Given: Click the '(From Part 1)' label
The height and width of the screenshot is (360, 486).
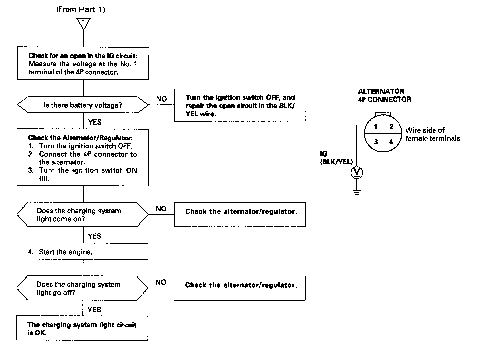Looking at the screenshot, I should coord(81,9).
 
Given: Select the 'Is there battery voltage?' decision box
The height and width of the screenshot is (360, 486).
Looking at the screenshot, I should coord(83,105).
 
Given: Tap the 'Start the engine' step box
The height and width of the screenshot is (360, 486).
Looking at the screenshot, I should coord(82,252).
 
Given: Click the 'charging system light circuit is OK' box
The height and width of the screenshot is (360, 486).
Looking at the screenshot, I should coord(82,329).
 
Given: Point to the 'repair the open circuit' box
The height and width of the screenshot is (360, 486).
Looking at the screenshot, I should coord(240,105).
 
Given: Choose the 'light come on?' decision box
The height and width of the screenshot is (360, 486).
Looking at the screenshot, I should coord(83,215).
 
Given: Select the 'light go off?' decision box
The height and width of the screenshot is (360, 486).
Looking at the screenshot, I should coord(83,288).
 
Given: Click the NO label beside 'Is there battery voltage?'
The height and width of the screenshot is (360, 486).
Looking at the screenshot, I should coord(161,99).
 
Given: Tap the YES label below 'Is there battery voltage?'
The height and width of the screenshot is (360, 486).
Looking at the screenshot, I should coord(95,122).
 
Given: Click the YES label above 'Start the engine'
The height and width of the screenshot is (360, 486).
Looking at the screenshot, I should coord(95,236).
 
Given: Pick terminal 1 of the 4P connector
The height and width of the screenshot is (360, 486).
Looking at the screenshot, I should coord(376,127).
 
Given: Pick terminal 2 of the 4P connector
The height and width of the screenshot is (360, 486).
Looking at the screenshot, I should coord(392,127).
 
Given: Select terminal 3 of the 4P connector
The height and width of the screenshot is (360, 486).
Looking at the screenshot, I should coord(376,142).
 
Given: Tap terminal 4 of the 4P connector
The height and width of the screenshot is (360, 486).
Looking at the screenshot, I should coord(391,142).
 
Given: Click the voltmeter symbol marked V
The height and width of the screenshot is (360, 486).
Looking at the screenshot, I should coord(357,172).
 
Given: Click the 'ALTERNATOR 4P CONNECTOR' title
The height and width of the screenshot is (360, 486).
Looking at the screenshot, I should coord(384,95).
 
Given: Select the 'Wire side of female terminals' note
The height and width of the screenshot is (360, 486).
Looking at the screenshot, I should coord(432,134).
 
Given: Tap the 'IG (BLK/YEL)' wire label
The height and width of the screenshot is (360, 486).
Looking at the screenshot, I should coord(336,158).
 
